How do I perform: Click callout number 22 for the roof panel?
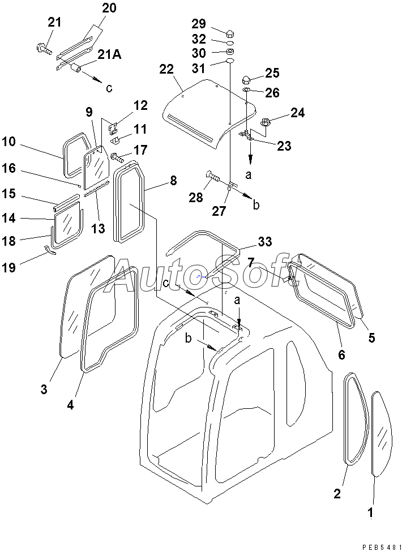(x=166, y=70)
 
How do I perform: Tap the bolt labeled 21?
(x=44, y=49)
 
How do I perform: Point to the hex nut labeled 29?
(x=230, y=34)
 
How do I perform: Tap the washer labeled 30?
(x=230, y=52)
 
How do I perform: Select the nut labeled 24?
(x=265, y=123)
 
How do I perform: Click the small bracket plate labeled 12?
(x=113, y=129)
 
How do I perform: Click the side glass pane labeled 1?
(x=381, y=434)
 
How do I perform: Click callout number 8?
(x=174, y=181)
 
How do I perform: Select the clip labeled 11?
(x=117, y=141)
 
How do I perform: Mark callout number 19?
(x=8, y=268)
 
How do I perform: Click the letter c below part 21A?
(x=109, y=88)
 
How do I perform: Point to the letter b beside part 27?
(x=256, y=205)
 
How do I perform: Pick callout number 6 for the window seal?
(x=341, y=355)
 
